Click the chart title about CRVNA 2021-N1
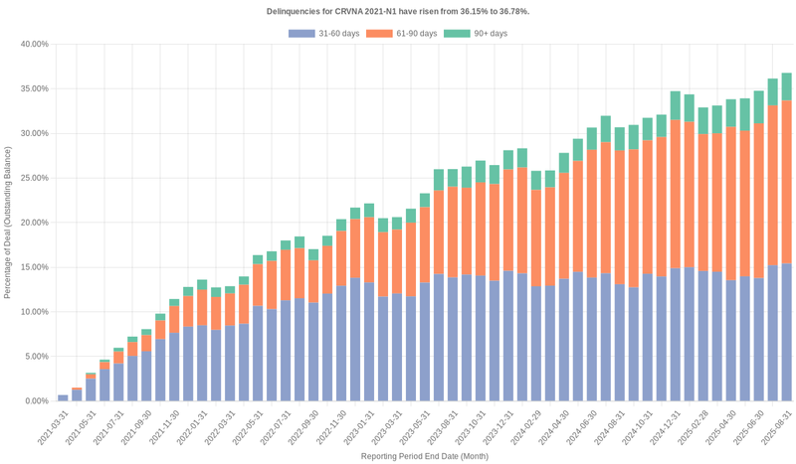click(398, 11)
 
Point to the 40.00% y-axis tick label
click(33, 45)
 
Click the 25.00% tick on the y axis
click(33, 178)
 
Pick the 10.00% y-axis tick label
click(33, 312)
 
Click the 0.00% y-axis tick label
click(35, 401)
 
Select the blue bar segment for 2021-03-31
click(63, 397)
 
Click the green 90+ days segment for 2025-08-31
click(786, 86)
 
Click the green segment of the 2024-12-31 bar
click(675, 105)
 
